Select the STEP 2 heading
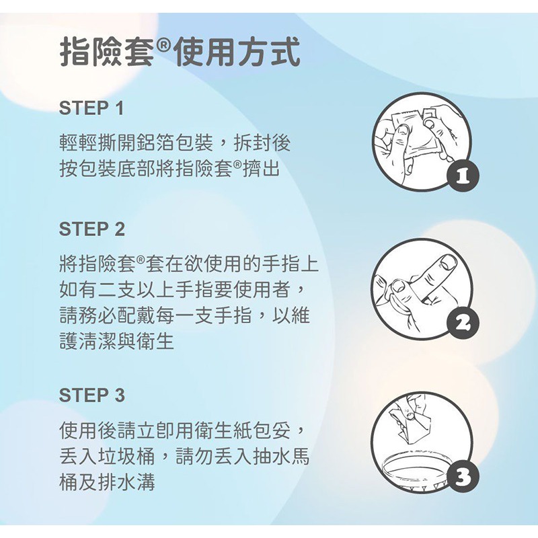tap(91, 229)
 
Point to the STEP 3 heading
tap(91, 395)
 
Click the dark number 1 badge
tap(460, 178)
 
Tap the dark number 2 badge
tap(460, 325)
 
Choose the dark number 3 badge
tap(460, 478)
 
